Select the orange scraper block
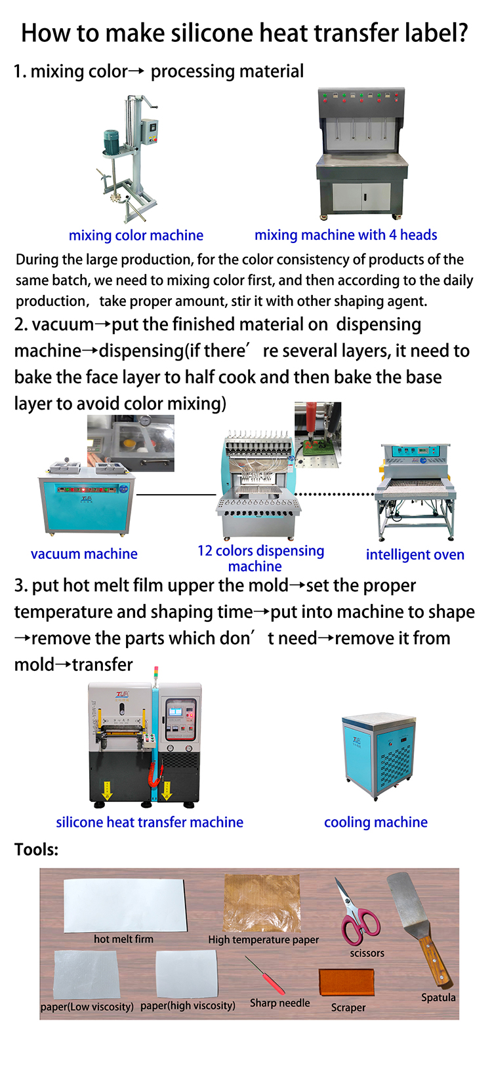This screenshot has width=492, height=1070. click(346, 982)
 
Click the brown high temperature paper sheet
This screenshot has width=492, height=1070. click(262, 903)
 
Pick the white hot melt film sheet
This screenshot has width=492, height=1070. click(125, 905)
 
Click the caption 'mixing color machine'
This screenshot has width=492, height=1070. click(136, 235)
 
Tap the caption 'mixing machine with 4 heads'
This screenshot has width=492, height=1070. click(346, 235)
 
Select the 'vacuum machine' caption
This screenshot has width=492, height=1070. click(84, 554)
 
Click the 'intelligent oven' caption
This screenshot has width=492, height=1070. click(415, 554)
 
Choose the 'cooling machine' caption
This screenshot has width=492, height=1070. click(376, 822)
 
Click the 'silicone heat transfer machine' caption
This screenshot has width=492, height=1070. click(150, 822)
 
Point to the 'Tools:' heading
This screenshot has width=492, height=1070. click(36, 849)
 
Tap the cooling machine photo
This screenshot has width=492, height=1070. click(379, 756)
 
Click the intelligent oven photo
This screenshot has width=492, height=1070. click(415, 492)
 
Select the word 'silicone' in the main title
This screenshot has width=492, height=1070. click(212, 33)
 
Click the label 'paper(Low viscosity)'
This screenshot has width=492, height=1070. click(87, 1006)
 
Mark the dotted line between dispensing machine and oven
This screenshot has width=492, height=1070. click(335, 495)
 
